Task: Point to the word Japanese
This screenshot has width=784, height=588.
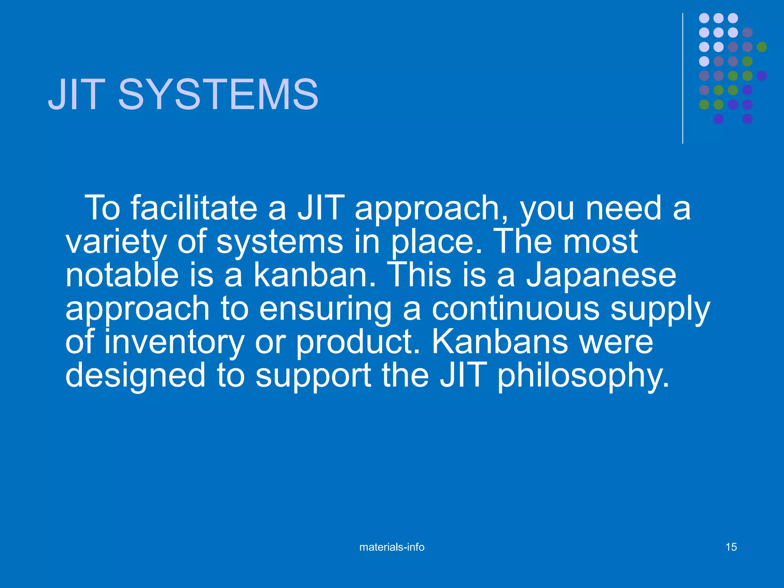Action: pyautogui.click(x=601, y=275)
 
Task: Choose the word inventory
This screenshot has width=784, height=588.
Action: pyautogui.click(x=174, y=342)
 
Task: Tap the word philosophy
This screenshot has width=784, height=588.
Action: pyautogui.click(x=583, y=376)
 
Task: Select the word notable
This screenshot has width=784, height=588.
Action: pyautogui.click(x=122, y=275)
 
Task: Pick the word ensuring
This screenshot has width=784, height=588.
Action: pyautogui.click(x=325, y=309)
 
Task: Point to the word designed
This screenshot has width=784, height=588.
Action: pyautogui.click(x=135, y=376)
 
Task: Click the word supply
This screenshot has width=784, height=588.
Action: pyautogui.click(x=660, y=309)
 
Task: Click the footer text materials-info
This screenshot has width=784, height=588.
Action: pyautogui.click(x=392, y=547)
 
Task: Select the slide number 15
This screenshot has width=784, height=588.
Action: pyautogui.click(x=731, y=547)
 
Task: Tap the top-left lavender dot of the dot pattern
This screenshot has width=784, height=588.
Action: pyautogui.click(x=704, y=18)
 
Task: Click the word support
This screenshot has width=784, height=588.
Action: pyautogui.click(x=313, y=377)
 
